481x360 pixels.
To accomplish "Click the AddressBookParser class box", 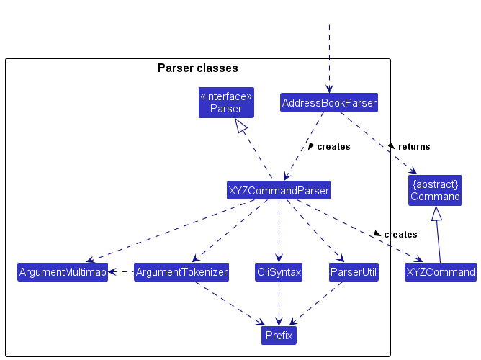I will tap(329, 103).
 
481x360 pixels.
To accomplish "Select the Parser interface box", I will tap(226, 102).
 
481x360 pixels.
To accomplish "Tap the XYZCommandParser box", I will tap(279, 191).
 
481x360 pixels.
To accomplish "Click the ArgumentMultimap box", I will tap(63, 272).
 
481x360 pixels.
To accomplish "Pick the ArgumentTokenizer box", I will tap(181, 272).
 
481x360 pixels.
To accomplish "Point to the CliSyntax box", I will tap(279, 272).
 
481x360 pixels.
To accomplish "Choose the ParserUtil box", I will tap(354, 272).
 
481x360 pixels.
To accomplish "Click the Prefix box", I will tap(279, 335).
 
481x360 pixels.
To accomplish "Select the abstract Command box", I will tap(435, 190).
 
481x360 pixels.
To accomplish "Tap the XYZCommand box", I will tap(440, 272).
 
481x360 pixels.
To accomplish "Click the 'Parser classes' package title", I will tap(197, 68).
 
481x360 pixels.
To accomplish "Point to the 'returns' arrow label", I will tap(413, 147).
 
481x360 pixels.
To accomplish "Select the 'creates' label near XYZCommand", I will tap(400, 235).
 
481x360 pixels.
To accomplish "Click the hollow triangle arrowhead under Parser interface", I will tap(242, 126).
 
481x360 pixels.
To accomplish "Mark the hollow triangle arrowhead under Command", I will tap(435, 213).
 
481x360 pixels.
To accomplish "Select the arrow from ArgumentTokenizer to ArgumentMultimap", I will tap(121, 272).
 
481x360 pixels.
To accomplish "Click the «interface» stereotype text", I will tap(226, 96).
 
